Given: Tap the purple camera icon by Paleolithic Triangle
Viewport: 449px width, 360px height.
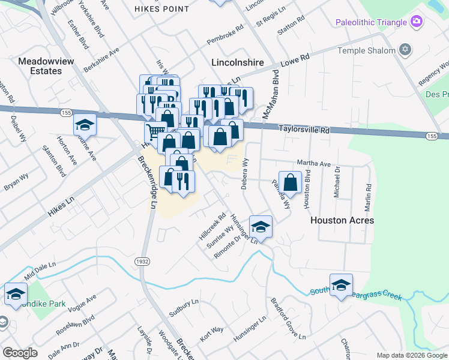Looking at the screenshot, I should tap(416, 22).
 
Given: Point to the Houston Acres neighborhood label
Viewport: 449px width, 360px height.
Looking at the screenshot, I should tap(342, 220).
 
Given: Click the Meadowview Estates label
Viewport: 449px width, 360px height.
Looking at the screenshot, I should tap(40, 66).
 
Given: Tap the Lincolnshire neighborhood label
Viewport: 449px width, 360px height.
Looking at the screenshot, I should tap(238, 62).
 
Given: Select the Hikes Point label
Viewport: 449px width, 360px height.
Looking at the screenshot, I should tap(158, 9).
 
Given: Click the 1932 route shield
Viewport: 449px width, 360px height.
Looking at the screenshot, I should tap(142, 262).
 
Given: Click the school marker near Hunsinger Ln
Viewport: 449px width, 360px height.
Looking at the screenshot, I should tap(261, 226).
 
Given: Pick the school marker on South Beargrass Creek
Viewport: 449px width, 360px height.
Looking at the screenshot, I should tap(341, 284).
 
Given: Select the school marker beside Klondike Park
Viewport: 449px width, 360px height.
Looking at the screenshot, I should tap(16, 293).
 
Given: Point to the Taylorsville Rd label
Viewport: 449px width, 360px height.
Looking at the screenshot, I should tap(305, 129).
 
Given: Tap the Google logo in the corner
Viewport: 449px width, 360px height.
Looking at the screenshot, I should tap(20, 353).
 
